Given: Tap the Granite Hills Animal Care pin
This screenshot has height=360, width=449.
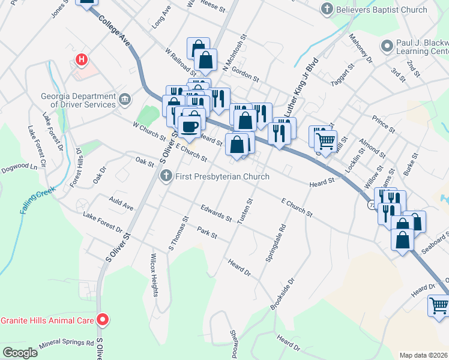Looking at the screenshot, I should (103, 320).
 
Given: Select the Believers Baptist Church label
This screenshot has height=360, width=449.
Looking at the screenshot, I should (382, 9).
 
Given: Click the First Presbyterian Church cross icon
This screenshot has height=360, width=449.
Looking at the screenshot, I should (167, 176).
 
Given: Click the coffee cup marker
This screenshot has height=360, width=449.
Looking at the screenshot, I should (190, 127).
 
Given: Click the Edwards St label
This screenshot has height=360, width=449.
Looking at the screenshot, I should (217, 213).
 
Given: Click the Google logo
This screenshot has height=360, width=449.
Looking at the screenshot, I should (20, 353).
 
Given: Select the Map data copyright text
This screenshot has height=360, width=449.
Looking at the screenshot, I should (423, 355).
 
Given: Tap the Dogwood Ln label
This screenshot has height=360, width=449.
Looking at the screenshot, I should (18, 169).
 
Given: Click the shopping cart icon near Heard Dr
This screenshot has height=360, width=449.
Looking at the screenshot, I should (439, 305).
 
